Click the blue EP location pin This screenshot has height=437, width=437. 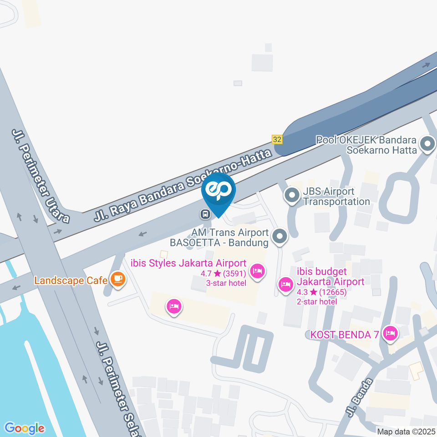coord(218,191)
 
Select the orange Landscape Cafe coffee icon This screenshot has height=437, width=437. coord(118,279)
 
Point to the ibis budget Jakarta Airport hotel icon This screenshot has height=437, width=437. coord(285,285)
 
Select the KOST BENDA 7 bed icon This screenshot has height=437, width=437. coord(390,334)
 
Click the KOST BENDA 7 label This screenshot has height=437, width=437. coord(344,335)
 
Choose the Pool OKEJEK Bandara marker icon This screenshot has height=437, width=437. coord(427,145)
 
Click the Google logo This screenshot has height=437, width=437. coord(25,428)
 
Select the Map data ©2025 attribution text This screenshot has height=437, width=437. coord(406,431)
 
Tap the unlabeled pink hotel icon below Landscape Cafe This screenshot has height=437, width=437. coord(173,306)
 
